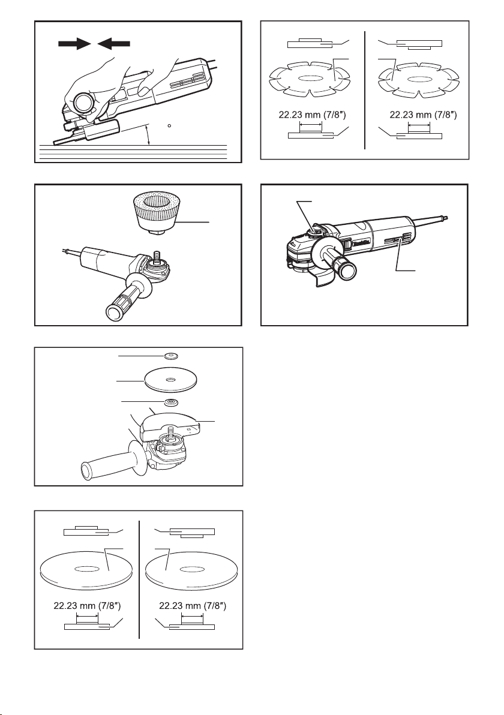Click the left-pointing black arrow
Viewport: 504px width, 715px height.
(113, 44)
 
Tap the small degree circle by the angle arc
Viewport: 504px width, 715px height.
(169, 125)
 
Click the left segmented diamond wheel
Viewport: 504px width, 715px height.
(308, 79)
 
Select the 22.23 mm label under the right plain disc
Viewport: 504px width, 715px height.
(193, 606)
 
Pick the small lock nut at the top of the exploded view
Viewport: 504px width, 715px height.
(170, 356)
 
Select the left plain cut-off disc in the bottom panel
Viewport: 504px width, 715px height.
(86, 571)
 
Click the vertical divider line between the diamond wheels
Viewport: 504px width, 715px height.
(365, 90)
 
